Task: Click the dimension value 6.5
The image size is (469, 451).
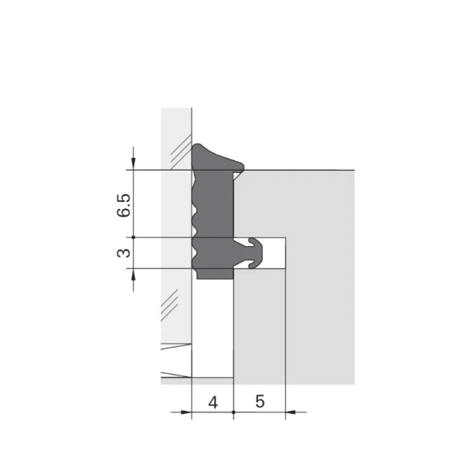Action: pyautogui.click(x=124, y=205)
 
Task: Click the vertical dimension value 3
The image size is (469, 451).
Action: pyautogui.click(x=124, y=253)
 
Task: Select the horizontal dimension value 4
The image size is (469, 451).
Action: pyautogui.click(x=213, y=402)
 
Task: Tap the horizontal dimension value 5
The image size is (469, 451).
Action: pyautogui.click(x=260, y=401)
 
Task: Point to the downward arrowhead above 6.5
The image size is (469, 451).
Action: pyautogui.click(x=134, y=163)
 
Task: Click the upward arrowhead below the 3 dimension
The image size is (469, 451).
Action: pyautogui.click(x=134, y=275)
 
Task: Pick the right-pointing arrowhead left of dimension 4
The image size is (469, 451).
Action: pyautogui.click(x=186, y=412)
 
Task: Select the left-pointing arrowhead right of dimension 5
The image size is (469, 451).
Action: pyautogui.click(x=291, y=412)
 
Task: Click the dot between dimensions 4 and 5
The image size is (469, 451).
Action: pyautogui.click(x=234, y=412)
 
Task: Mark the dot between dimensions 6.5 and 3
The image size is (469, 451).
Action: pyautogui.click(x=134, y=237)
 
